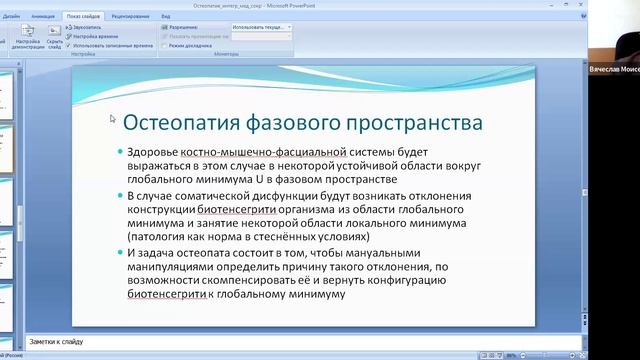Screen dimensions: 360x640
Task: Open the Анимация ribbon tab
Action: click(x=43, y=17)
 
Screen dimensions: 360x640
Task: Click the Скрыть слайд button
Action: click(x=55, y=38)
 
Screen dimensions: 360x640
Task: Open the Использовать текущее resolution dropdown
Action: click(x=262, y=29)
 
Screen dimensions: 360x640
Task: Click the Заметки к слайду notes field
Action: click(x=300, y=342)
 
